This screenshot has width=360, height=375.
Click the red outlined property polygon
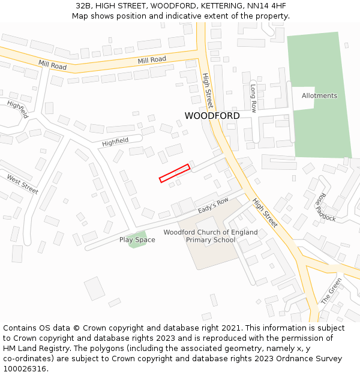pyautogui.click(x=175, y=173)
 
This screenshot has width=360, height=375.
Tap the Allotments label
pyautogui.click(x=319, y=95)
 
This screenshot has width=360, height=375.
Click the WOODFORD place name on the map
pyautogui.click(x=212, y=116)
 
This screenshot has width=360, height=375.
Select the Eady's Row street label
pyautogui.click(x=214, y=206)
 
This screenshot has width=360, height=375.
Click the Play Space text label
pyautogui.click(x=137, y=240)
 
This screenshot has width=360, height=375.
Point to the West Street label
pyautogui.click(x=22, y=184)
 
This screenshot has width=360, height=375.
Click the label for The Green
pyautogui.click(x=331, y=290)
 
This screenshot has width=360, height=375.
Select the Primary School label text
pyautogui.click(x=211, y=240)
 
